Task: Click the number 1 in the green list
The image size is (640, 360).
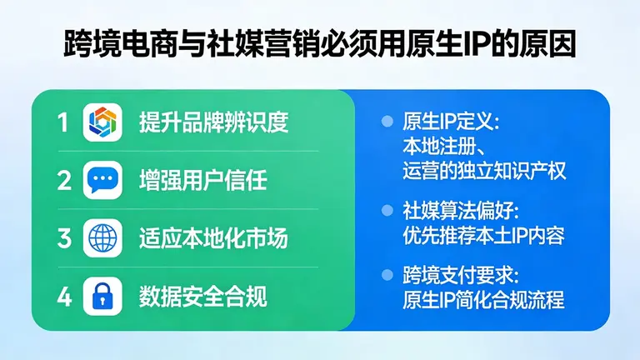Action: (x=63, y=123)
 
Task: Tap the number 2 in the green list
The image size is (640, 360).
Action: (x=63, y=180)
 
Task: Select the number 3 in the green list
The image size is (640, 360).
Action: (x=63, y=238)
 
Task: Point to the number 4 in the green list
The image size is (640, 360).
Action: (x=63, y=296)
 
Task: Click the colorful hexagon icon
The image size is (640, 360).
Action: (x=103, y=123)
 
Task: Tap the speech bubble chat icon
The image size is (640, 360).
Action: (x=103, y=180)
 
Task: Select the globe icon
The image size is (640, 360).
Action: (x=103, y=238)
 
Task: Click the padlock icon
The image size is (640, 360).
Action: (x=103, y=296)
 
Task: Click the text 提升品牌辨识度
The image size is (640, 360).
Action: (x=213, y=123)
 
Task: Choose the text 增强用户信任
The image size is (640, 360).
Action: (x=202, y=180)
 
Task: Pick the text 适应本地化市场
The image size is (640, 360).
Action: (x=213, y=238)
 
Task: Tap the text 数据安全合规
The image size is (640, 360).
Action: (x=202, y=296)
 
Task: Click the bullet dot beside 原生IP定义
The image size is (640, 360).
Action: (x=386, y=122)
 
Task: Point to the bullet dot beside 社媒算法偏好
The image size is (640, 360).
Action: (x=386, y=211)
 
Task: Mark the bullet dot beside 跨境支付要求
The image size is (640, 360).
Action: (x=386, y=274)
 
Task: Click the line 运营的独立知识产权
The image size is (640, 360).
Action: (x=483, y=172)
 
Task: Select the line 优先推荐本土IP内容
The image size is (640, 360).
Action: (x=483, y=236)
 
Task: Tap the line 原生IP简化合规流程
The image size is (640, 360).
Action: (x=483, y=299)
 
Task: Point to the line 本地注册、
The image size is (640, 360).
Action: (x=438, y=147)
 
